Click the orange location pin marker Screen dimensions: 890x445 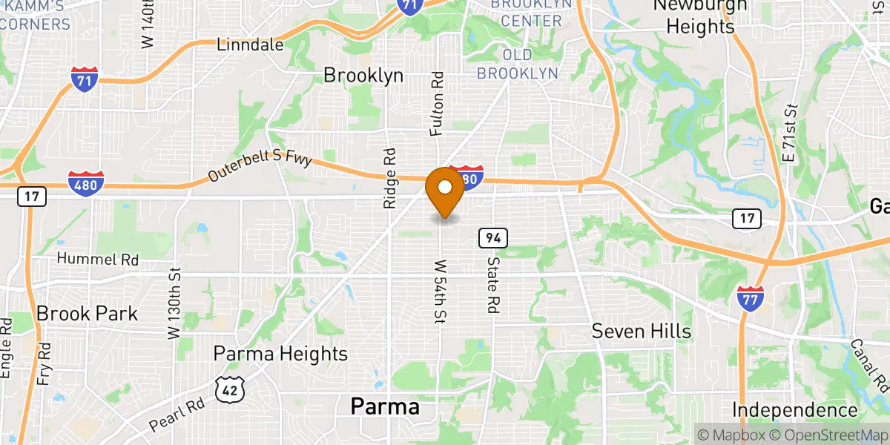coord(445,190)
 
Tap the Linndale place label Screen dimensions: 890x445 coord(250,45)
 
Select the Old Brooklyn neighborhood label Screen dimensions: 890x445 coord(517,64)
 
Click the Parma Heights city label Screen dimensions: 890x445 coord(280,354)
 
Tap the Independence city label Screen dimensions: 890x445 coord(794,410)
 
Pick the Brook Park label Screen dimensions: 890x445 coord(88,314)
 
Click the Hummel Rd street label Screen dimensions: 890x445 coord(99,260)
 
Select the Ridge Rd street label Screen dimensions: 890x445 coord(390,177)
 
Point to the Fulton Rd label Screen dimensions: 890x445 coord(438,104)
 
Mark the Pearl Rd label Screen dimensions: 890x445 coord(177,416)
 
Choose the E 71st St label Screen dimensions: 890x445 coord(791,133)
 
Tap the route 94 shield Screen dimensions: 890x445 coord(492,238)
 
